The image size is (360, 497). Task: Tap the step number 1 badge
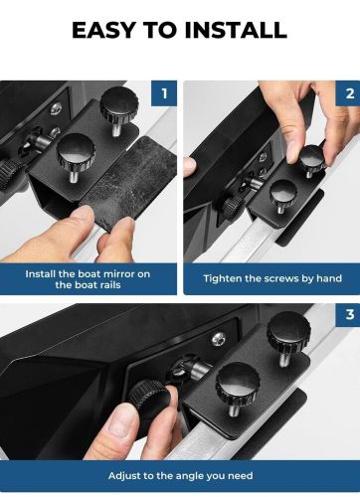pos(164,93)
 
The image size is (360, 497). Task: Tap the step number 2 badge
pos(348,93)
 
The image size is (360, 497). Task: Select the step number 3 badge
pos(348,314)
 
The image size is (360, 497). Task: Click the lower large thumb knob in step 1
pos(76,151)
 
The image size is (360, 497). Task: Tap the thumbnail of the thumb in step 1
pos(82,215)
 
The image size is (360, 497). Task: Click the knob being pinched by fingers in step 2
pos(311,155)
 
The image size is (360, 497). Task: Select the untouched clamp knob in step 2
pos(283,192)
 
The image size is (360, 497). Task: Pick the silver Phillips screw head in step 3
pos(219,339)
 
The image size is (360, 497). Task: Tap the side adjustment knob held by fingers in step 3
pos(146,397)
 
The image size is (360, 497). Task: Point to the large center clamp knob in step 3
pos(237,382)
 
